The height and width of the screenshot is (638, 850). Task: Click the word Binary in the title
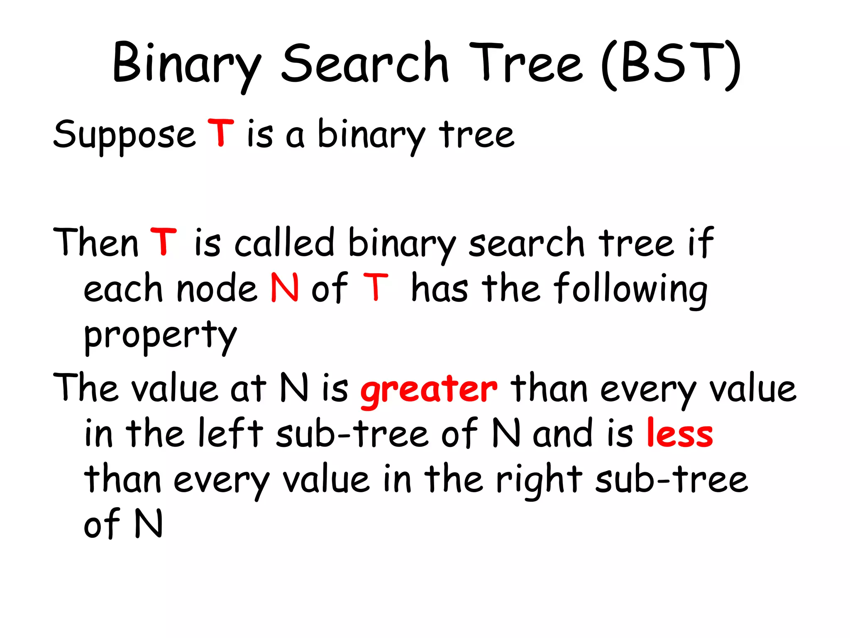(x=187, y=64)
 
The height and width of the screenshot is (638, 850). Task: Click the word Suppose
(x=124, y=135)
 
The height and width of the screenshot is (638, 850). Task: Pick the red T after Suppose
(x=221, y=133)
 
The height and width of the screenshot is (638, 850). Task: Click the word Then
(x=95, y=243)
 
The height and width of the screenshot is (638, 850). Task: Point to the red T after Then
(x=164, y=242)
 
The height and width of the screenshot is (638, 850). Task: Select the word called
(x=285, y=243)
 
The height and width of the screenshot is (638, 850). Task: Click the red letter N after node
(x=285, y=287)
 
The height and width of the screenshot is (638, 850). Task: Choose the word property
(x=160, y=336)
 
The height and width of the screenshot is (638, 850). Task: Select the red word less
(x=680, y=434)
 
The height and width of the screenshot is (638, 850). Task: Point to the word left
(x=231, y=434)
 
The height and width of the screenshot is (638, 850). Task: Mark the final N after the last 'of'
(x=148, y=524)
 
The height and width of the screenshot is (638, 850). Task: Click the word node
(x=217, y=288)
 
